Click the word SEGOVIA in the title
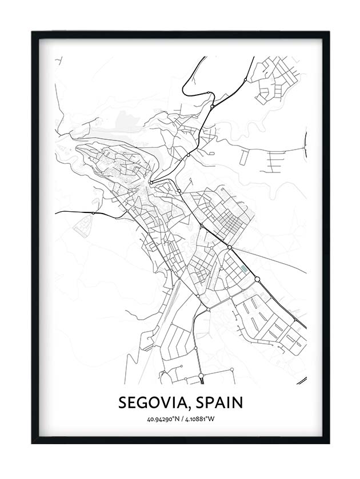point(153,402)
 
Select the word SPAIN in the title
point(219,402)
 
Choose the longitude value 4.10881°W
point(199,420)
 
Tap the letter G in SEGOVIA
point(142,402)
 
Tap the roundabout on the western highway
point(93,213)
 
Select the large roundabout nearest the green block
point(257,279)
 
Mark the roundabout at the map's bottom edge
point(201,376)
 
